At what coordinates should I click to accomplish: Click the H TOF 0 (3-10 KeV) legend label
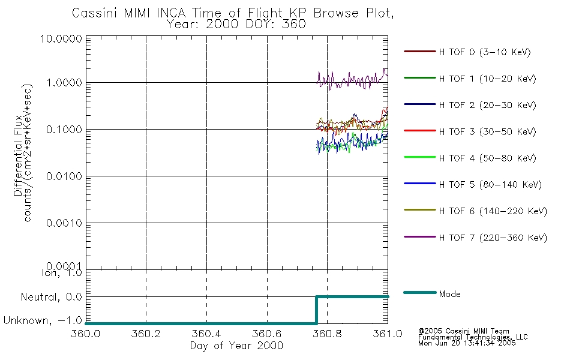[485, 52]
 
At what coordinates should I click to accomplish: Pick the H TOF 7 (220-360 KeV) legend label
[493, 238]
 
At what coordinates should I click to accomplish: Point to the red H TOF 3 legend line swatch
[419, 131]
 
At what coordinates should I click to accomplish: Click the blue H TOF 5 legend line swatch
[419, 185]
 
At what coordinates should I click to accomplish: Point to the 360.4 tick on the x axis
[206, 333]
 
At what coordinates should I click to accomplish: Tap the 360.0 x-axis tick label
[86, 333]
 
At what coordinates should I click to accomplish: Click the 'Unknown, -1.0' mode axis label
[43, 321]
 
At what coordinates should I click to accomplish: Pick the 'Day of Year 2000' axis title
[236, 346]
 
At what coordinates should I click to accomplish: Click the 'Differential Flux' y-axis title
[17, 154]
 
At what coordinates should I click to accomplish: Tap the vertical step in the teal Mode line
[316, 310]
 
